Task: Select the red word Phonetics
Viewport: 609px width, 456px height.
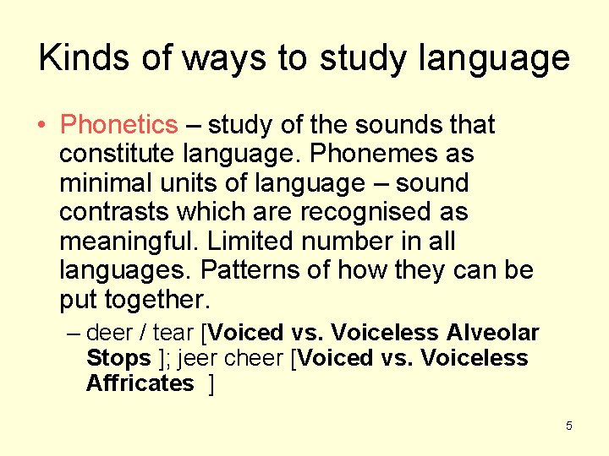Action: tap(118, 125)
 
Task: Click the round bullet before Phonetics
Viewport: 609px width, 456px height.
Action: tap(41, 126)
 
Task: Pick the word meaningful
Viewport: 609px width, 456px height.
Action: tap(127, 242)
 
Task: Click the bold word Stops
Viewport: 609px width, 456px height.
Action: tap(118, 358)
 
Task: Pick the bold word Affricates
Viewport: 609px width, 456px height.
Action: tap(140, 383)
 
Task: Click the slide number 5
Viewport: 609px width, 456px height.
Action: tap(568, 426)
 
